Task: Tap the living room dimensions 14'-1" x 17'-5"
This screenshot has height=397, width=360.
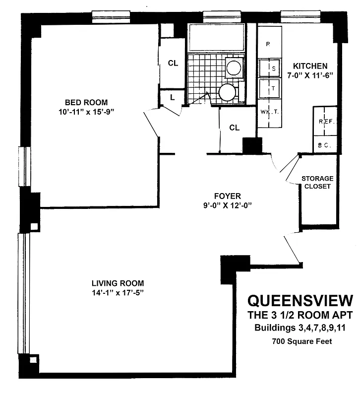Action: (118, 293)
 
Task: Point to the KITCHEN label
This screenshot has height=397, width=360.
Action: (310, 66)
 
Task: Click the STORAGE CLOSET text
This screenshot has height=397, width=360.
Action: (317, 182)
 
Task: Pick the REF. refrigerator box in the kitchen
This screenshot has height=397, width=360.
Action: (325, 121)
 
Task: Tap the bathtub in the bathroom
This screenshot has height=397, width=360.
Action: (216, 38)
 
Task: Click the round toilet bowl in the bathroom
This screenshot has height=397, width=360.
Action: (227, 92)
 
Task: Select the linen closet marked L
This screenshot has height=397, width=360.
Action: (172, 97)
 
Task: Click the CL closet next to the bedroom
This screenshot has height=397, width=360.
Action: (173, 63)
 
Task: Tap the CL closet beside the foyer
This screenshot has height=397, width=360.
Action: (234, 128)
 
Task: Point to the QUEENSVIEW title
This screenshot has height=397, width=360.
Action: (300, 300)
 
